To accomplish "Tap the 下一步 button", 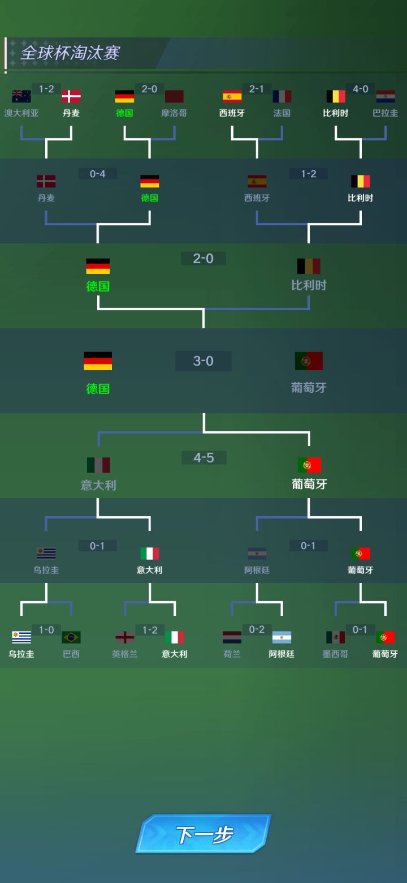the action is (x=203, y=834).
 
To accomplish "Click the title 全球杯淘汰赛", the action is (x=70, y=53).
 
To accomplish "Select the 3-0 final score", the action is (x=203, y=361).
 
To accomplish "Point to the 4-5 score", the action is (x=204, y=458).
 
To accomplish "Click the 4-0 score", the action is (x=361, y=89).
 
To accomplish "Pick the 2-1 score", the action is (x=257, y=89).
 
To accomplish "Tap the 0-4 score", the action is (x=97, y=173).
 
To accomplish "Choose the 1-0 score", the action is (x=46, y=629).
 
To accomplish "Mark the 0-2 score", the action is (x=257, y=629).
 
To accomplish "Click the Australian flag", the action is (x=21, y=96).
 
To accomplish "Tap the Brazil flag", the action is (x=71, y=637).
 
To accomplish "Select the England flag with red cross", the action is (x=125, y=637).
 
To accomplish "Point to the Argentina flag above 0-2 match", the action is (x=282, y=637).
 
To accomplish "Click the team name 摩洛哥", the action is (x=174, y=113).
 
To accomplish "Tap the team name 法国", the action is (x=282, y=113).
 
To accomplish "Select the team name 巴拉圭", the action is (x=386, y=113).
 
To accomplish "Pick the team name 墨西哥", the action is (x=335, y=654).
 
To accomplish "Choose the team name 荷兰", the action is (x=232, y=654).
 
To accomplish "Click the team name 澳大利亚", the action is (x=21, y=113).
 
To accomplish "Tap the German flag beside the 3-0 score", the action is (x=98, y=361).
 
